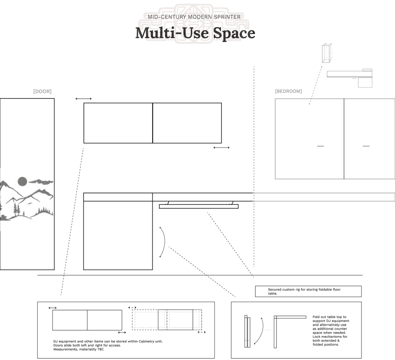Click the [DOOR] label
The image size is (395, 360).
pyautogui.click(x=42, y=91)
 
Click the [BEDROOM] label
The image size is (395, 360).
pyautogui.click(x=289, y=91)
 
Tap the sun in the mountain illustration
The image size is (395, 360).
pyautogui.click(x=22, y=181)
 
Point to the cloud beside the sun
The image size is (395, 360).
pyautogui.click(x=41, y=182)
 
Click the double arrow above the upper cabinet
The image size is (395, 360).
pyautogui.click(x=84, y=99)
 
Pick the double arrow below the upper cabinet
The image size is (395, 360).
pyautogui.click(x=221, y=148)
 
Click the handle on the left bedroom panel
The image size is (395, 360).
pyautogui.click(x=321, y=146)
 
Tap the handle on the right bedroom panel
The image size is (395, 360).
pyautogui.click(x=366, y=146)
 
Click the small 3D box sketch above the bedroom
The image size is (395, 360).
pyautogui.click(x=327, y=53)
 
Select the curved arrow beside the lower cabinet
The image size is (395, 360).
pyautogui.click(x=165, y=242)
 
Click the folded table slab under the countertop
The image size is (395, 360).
pyautogui.click(x=199, y=206)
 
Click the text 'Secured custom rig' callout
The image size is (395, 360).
pyautogui.click(x=304, y=291)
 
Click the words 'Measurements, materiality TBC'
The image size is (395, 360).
pyautogui.click(x=79, y=349)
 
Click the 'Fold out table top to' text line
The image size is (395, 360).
pyautogui.click(x=329, y=317)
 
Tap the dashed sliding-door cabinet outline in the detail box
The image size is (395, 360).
pyautogui.click(x=167, y=320)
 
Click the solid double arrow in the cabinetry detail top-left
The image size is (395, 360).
pyautogui.click(x=52, y=308)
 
